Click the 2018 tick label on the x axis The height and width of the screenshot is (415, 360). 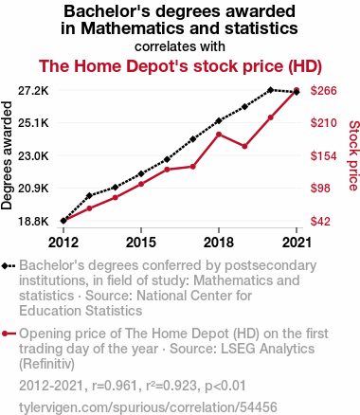[219, 243]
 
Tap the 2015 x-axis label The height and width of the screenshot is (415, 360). [141, 243]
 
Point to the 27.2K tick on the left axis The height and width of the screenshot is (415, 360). [33, 91]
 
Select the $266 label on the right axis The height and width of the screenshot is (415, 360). [324, 91]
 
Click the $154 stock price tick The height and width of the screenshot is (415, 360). [324, 156]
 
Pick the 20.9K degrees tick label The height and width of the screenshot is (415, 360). [33, 189]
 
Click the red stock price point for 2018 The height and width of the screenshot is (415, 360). [219, 135]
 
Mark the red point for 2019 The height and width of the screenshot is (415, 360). [244, 146]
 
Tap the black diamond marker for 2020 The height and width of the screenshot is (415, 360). [270, 90]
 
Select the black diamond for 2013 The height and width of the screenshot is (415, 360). [89, 196]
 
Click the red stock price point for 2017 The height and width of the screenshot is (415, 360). [193, 167]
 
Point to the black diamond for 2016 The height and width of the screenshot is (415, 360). [167, 159]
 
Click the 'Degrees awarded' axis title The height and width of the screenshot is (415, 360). [7, 155]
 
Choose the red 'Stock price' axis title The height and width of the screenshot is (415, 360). [354, 155]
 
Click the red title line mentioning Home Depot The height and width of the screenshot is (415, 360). [180, 66]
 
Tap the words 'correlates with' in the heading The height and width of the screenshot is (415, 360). [180, 46]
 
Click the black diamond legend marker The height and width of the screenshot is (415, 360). [9, 266]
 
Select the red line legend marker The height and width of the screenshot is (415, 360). [9, 334]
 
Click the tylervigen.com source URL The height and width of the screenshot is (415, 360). [148, 407]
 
